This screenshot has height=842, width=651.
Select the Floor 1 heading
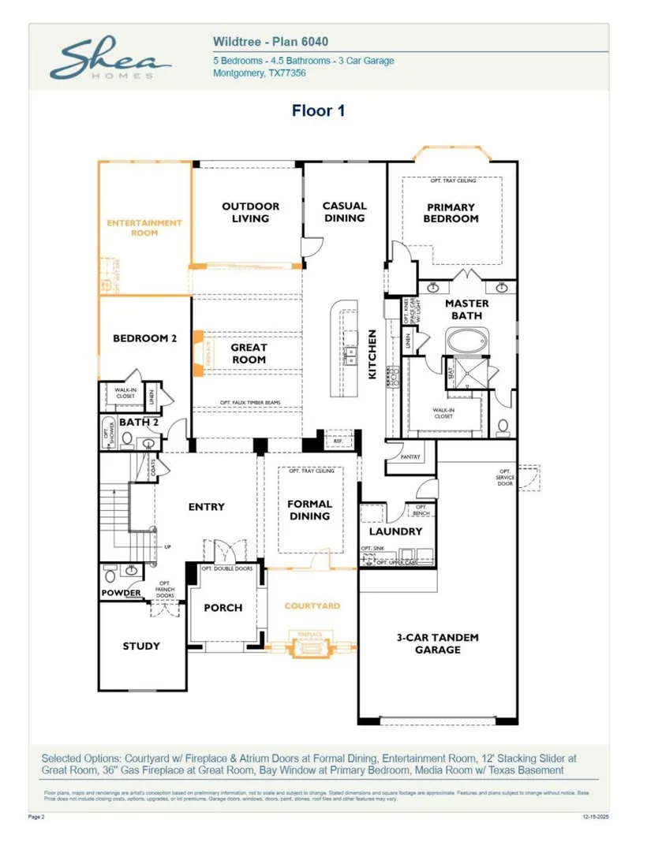[319, 110]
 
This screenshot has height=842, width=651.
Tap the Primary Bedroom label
[451, 213]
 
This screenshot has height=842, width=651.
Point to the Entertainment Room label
[144, 228]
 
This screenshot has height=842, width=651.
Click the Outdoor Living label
[250, 212]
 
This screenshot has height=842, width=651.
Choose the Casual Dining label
[344, 212]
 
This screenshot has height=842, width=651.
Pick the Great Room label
[249, 353]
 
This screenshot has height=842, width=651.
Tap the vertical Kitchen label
[372, 354]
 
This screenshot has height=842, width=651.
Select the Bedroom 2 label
[144, 338]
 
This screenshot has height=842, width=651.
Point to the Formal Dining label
[309, 510]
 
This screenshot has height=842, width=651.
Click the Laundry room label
[395, 531]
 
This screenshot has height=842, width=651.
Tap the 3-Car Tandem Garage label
[437, 643]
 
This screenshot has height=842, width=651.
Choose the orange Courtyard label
[312, 605]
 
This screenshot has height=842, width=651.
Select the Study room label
[141, 646]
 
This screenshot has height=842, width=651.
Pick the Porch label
[223, 608]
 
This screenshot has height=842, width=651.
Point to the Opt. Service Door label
[505, 477]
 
